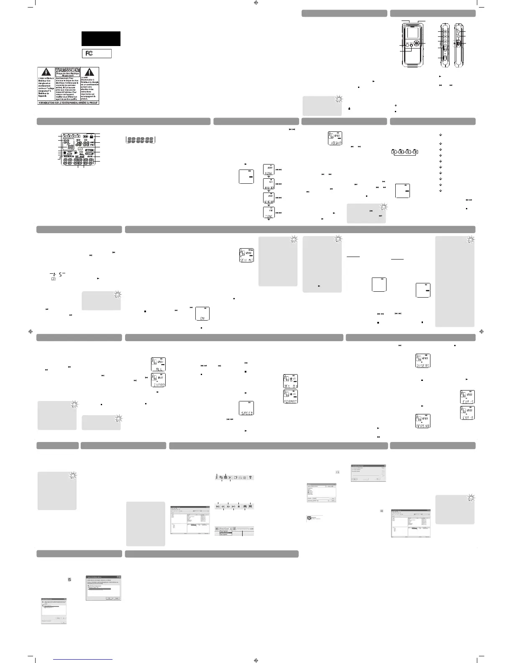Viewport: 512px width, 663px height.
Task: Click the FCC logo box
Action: [96, 53]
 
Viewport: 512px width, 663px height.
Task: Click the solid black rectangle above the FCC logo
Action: [101, 39]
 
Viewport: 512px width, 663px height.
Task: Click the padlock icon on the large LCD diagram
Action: [91, 136]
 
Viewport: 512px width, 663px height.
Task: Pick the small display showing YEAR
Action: [269, 170]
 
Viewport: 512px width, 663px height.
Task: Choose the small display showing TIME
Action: [269, 213]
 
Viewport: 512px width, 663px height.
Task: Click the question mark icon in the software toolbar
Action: [250, 477]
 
